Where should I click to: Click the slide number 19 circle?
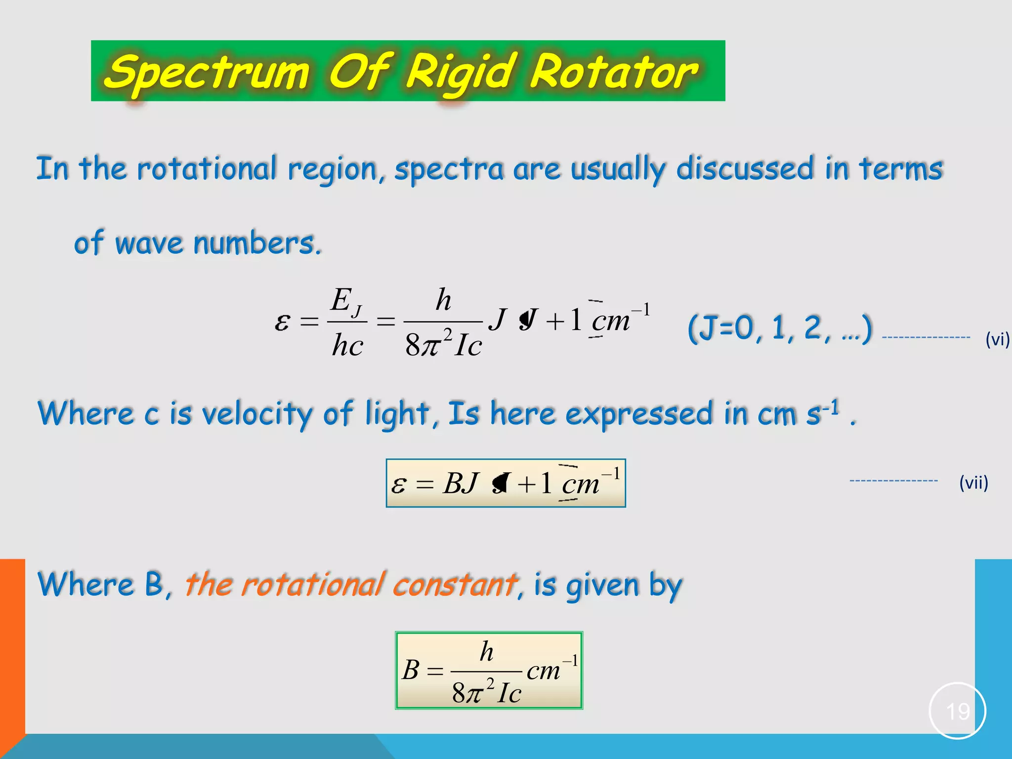coord(957,711)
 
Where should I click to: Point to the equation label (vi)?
coord(997,339)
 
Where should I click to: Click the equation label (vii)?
coord(973,482)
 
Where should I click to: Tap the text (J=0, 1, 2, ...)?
coord(780,328)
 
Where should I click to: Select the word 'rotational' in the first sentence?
coord(207,169)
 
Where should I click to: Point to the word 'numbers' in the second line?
coord(256,244)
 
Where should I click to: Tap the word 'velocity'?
coord(256,414)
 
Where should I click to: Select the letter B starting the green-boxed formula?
coord(411,670)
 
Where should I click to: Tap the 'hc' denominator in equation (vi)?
coord(347,345)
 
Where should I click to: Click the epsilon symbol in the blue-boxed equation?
coord(398,485)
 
